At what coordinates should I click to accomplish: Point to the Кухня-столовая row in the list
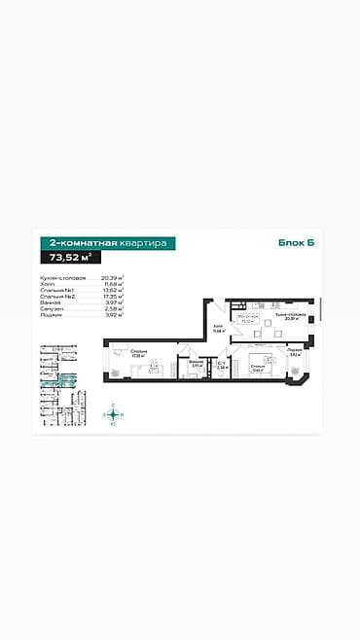57,277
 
